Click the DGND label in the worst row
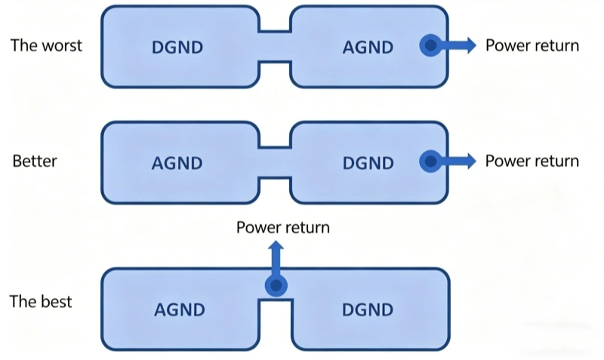(178, 47)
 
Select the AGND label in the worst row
(368, 47)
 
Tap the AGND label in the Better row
(178, 163)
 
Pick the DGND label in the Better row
(368, 163)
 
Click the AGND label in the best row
(180, 309)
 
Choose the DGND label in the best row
(368, 309)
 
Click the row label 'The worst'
(46, 45)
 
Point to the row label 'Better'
(35, 162)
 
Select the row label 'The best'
(41, 302)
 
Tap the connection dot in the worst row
(430, 46)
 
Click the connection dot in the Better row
(430, 161)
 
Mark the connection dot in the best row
(276, 285)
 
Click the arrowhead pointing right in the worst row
(470, 46)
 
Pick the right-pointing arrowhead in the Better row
(470, 161)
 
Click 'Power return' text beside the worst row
(532, 45)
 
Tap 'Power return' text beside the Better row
(532, 161)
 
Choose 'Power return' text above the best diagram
(282, 227)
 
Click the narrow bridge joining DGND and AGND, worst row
(275, 47)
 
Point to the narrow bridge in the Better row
(275, 162)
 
